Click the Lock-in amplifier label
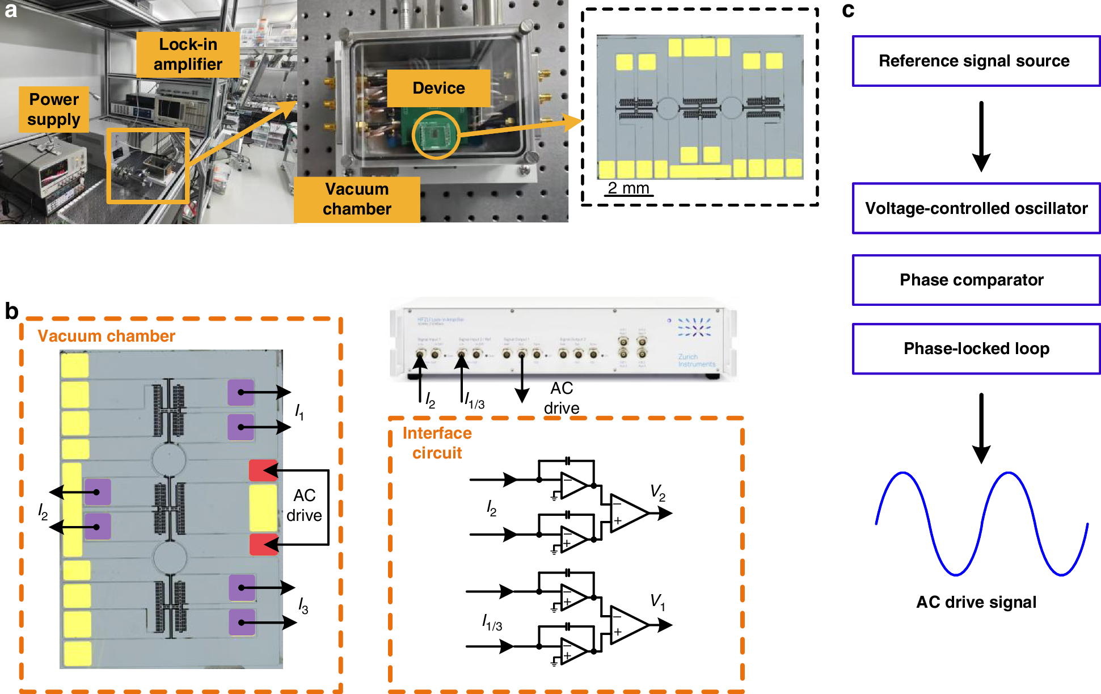tap(188, 54)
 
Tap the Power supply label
tap(54, 109)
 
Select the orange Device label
tap(438, 88)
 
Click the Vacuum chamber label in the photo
tap(357, 199)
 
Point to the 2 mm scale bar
tap(628, 189)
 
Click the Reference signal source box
tap(976, 61)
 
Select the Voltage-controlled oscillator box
tap(976, 208)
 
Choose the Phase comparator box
tap(976, 280)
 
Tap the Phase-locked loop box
tap(976, 348)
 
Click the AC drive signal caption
tap(976, 602)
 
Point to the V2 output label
tap(657, 492)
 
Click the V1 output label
tap(657, 602)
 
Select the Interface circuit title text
tap(437, 443)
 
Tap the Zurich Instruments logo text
tap(697, 360)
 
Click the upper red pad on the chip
tap(263, 470)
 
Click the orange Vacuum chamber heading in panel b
tap(106, 336)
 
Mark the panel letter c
tap(848, 10)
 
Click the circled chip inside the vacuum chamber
tap(436, 135)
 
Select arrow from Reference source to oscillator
tap(981, 136)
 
